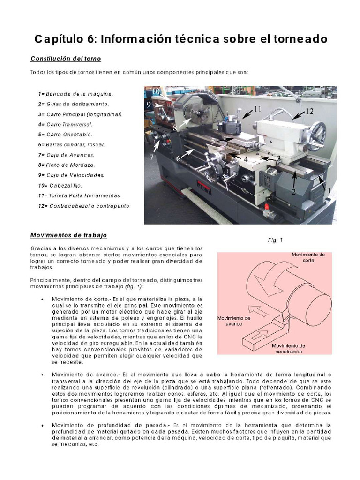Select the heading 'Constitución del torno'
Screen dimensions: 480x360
click(66, 59)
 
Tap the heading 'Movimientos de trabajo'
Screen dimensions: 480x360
click(69, 235)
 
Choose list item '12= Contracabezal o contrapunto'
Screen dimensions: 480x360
click(84, 206)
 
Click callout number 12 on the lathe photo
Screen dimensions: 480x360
click(309, 112)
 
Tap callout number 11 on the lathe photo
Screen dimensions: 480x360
click(257, 109)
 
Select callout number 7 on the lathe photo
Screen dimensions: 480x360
click(152, 157)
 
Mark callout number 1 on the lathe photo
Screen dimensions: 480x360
click(329, 191)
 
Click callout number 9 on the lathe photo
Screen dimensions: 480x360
click(149, 105)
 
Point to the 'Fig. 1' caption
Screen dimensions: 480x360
click(275, 240)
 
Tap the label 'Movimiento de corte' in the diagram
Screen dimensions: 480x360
click(308, 257)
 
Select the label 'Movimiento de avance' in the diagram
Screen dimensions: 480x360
click(234, 321)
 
